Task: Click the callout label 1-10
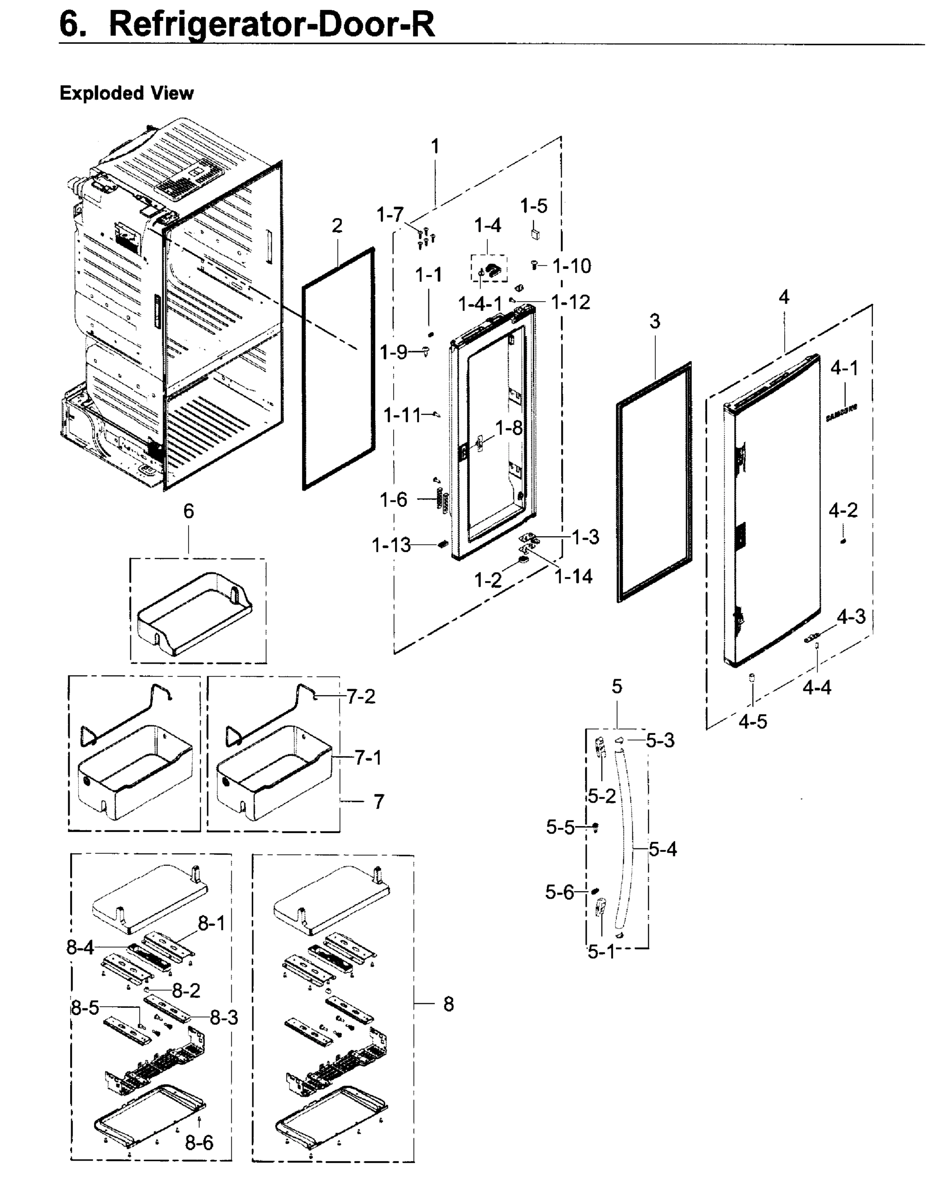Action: (572, 266)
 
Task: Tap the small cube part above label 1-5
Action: (536, 234)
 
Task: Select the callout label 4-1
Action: (844, 368)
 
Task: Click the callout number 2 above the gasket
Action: (337, 225)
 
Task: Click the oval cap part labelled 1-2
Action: (524, 560)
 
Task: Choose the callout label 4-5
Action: (753, 722)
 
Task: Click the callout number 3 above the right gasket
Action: (655, 322)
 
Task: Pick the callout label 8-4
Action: (81, 947)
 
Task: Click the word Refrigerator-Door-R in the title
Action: (272, 24)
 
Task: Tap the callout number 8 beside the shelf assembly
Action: (448, 1004)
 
